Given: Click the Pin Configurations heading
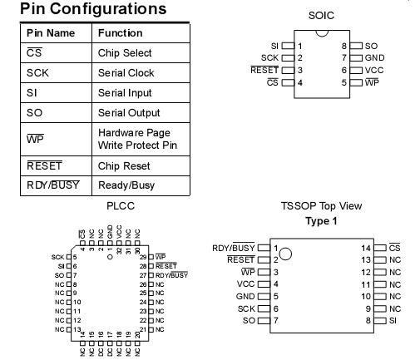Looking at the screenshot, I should (x=92, y=10).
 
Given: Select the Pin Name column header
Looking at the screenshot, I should (x=51, y=33).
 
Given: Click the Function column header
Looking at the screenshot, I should (x=119, y=33).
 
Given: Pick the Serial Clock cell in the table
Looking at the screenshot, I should (x=126, y=73).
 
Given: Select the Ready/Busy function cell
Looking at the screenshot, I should (x=126, y=185).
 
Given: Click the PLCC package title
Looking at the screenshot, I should (x=121, y=205).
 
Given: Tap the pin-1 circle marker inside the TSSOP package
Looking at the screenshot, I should (x=285, y=253).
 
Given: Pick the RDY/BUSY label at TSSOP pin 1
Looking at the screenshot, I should (x=233, y=248).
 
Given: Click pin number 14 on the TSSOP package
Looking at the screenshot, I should (x=363, y=248).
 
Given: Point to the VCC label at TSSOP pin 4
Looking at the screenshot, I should (x=245, y=284).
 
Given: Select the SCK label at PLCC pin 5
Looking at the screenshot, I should (x=57, y=257).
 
